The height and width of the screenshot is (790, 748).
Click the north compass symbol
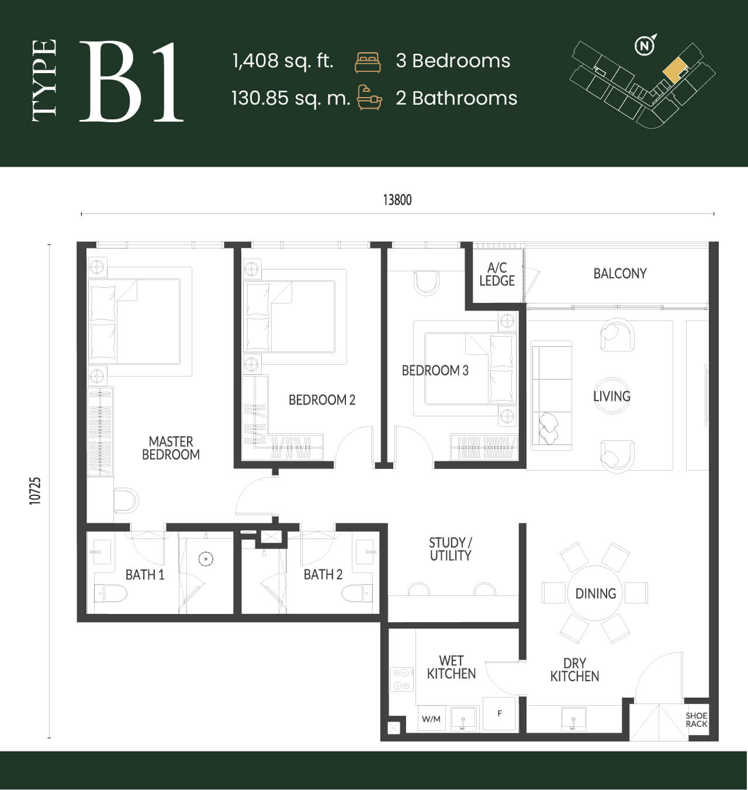[645, 45]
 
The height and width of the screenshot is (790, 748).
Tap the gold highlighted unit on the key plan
[675, 70]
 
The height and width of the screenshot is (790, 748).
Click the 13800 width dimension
[397, 200]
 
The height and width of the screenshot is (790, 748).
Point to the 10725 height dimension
[35, 491]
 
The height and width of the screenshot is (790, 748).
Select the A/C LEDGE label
[497, 274]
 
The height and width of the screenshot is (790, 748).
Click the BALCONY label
[620, 274]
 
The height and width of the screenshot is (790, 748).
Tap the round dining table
[595, 593]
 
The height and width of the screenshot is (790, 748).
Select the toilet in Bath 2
[357, 593]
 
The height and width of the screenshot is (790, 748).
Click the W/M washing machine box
[431, 719]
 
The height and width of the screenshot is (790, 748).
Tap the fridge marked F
[499, 713]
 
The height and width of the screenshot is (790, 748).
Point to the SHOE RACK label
[696, 720]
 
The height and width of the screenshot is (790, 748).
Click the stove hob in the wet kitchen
[401, 679]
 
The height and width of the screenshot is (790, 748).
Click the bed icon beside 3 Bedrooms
[368, 63]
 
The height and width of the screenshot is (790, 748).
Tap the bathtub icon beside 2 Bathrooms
[369, 97]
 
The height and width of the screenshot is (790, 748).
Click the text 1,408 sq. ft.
[283, 61]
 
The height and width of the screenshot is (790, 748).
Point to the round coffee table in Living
[611, 396]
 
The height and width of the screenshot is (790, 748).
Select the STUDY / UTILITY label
[451, 549]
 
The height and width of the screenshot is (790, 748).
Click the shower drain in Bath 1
[206, 559]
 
